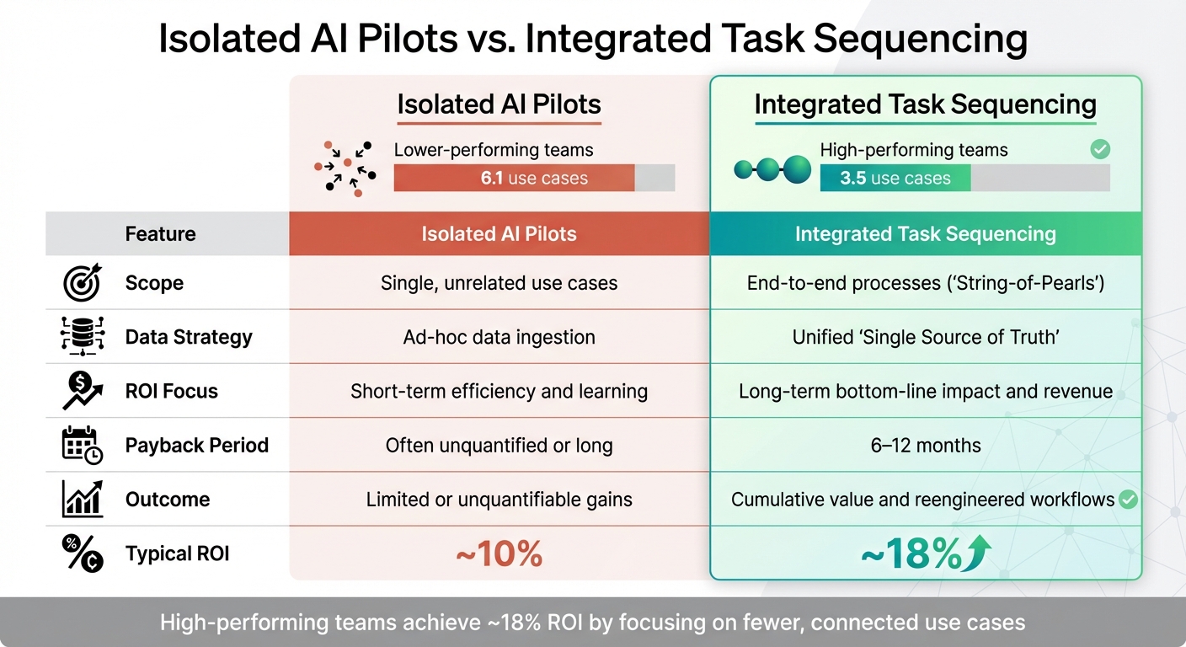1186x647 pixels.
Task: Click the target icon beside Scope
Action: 83,283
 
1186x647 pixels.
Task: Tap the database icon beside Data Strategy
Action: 83,337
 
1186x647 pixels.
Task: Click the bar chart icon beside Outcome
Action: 83,500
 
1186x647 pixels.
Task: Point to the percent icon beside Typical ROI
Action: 83,553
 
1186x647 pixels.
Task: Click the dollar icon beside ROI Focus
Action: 83,391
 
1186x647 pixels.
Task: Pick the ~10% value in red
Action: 499,554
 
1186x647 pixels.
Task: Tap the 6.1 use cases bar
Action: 514,178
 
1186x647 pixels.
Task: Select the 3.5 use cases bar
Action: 895,178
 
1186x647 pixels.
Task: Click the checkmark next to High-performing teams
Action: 1099,150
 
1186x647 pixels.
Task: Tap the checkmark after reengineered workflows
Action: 1128,500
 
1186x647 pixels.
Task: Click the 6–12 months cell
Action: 925,446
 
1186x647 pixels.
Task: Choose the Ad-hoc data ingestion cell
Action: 499,337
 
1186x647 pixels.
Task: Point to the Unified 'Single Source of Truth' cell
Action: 925,337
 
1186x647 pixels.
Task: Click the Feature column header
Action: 160,233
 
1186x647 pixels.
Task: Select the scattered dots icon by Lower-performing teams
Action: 345,167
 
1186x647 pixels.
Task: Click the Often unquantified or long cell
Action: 499,446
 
